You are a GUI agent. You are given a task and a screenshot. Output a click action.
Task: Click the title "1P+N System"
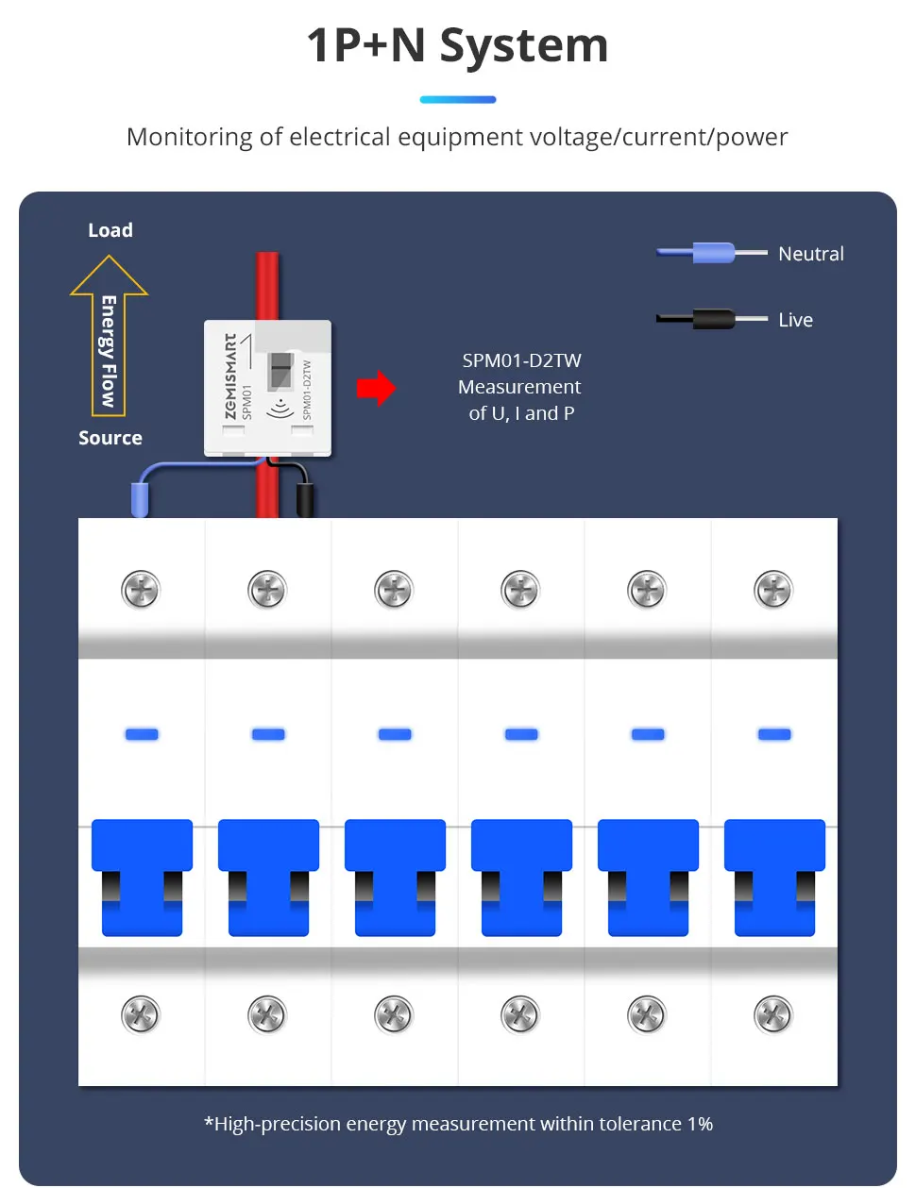click(x=457, y=45)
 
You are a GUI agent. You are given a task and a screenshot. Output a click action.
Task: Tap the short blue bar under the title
click(x=457, y=99)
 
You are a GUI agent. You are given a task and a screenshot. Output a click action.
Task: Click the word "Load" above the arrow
click(x=110, y=230)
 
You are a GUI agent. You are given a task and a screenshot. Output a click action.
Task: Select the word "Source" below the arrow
click(x=110, y=438)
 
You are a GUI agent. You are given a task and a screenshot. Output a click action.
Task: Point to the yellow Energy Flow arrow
click(x=109, y=340)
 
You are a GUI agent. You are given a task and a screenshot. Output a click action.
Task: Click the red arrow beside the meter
click(x=376, y=388)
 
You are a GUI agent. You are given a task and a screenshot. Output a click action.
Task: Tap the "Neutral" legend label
click(x=810, y=254)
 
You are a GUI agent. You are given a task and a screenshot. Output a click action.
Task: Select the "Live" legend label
click(x=795, y=320)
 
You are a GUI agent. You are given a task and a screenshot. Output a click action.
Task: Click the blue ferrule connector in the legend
click(x=713, y=253)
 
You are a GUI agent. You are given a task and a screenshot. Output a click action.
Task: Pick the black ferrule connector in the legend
click(x=713, y=319)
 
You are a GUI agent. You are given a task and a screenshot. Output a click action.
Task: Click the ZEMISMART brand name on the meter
click(x=230, y=376)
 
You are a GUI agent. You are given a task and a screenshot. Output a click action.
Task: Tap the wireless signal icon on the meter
click(x=280, y=407)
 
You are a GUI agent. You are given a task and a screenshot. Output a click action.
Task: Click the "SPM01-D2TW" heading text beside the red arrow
click(x=521, y=360)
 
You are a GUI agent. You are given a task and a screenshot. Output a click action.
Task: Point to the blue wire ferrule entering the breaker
click(x=140, y=499)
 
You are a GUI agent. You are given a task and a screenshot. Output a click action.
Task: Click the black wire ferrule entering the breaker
click(x=305, y=499)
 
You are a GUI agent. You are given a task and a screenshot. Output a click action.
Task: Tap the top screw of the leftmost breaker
click(x=141, y=591)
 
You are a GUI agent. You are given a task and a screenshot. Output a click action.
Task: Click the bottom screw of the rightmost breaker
click(x=773, y=1015)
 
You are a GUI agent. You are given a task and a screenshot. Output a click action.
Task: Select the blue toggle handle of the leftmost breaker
click(x=142, y=877)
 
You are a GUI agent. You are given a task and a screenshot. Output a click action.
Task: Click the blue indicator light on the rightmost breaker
click(x=774, y=734)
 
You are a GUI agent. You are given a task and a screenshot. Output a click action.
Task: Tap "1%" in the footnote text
click(x=700, y=1124)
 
